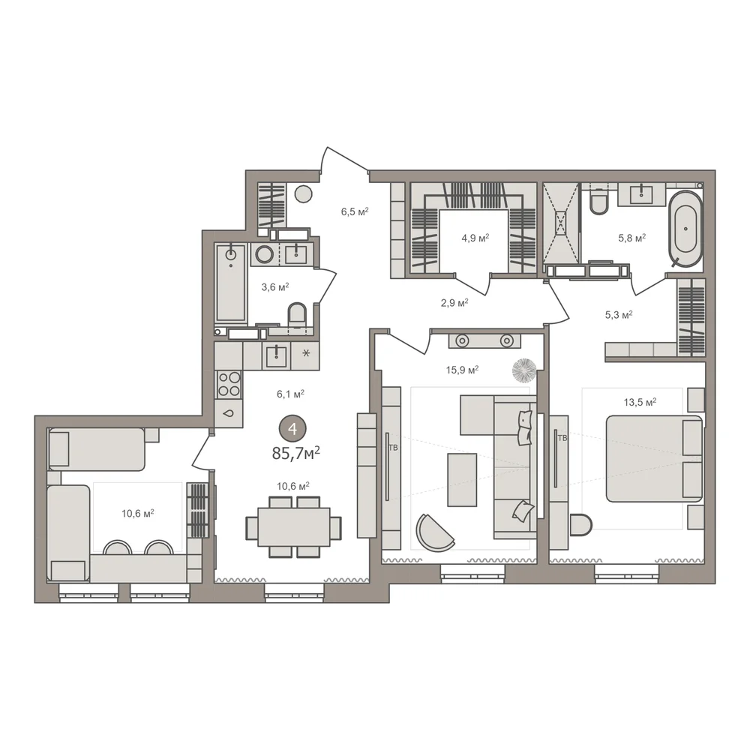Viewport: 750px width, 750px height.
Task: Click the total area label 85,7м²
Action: pyautogui.click(x=295, y=452)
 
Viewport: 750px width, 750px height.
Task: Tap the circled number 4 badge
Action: pyautogui.click(x=292, y=429)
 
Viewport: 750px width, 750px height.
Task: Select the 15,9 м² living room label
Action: pyautogui.click(x=462, y=370)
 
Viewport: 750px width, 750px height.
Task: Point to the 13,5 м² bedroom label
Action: pyautogui.click(x=640, y=402)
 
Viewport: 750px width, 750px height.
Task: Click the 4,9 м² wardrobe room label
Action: pyautogui.click(x=475, y=238)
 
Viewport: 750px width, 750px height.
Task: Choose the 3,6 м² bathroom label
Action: pyautogui.click(x=274, y=287)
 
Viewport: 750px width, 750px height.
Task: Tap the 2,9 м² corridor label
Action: pyautogui.click(x=454, y=303)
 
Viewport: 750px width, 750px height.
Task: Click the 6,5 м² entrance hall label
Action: pyautogui.click(x=355, y=211)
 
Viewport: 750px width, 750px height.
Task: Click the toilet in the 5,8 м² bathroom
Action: pyautogui.click(x=598, y=202)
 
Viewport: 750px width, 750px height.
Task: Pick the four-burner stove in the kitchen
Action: pyautogui.click(x=229, y=385)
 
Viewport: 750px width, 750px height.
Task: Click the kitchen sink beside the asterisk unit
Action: pyautogui.click(x=276, y=356)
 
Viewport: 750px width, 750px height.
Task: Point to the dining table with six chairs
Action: pyautogui.click(x=294, y=527)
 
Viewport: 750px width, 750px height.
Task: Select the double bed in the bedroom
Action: pyautogui.click(x=654, y=459)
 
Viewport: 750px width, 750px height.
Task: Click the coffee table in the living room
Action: pyautogui.click(x=462, y=480)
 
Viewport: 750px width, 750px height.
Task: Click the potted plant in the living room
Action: pyautogui.click(x=524, y=370)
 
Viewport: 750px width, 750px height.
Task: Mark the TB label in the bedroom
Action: pyautogui.click(x=562, y=438)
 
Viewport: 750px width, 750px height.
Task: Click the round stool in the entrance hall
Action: pyautogui.click(x=303, y=193)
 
